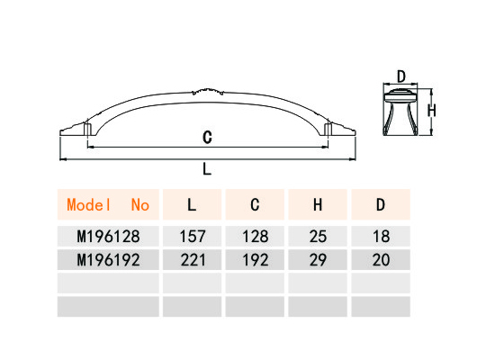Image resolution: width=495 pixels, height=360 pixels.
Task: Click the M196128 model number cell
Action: [108, 236]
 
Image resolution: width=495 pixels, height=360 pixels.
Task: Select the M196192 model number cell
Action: [108, 260]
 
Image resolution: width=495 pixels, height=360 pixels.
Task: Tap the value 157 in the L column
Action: [193, 236]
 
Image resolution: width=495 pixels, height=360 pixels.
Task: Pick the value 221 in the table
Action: [193, 260]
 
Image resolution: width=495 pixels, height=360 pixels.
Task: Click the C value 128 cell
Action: [255, 236]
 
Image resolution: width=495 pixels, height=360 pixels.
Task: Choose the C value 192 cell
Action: [255, 260]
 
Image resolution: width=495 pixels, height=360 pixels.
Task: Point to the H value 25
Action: [318, 236]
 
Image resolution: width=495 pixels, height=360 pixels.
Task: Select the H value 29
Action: [318, 260]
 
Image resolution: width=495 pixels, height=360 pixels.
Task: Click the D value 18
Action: [381, 236]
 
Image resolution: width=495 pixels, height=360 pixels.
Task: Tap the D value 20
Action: [381, 260]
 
